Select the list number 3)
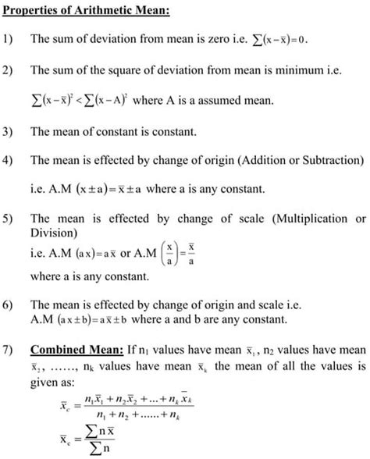(x=10, y=133)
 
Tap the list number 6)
(x=10, y=304)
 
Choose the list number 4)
(x=10, y=161)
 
